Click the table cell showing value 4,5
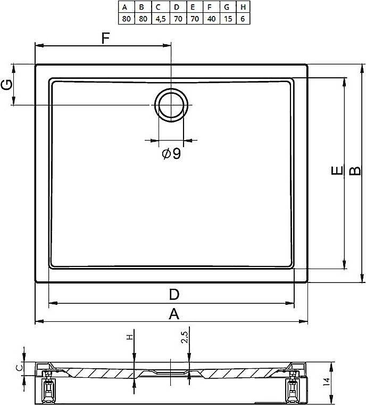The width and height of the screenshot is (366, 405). [161, 19]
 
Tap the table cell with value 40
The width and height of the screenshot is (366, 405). [212, 19]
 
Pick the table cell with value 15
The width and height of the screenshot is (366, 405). [228, 19]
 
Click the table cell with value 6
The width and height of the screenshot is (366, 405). [243, 19]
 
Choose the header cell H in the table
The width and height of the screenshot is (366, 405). [243, 7]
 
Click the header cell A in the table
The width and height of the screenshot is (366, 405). [127, 7]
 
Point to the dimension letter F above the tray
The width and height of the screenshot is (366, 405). [105, 38]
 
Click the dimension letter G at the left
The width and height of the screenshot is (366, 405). [7, 84]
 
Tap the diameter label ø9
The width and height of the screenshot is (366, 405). [171, 153]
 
